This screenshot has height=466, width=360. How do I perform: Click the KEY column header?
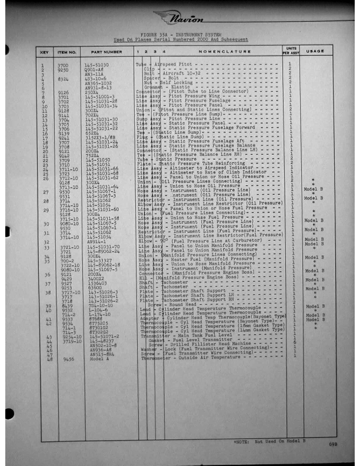pyautogui.click(x=44, y=52)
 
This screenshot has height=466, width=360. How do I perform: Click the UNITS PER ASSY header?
pyautogui.click(x=291, y=52)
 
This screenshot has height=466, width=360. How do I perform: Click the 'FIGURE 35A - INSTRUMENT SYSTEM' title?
pyautogui.click(x=179, y=35)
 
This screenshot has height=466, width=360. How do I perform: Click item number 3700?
pyautogui.click(x=63, y=63)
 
